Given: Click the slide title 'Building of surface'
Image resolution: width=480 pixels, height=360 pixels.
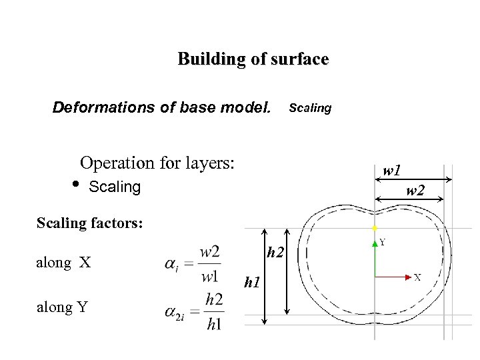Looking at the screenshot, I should [x=253, y=59].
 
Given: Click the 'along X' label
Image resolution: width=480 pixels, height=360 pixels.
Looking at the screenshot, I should [x=65, y=262].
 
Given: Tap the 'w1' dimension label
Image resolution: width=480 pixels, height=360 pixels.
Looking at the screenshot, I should [x=392, y=171].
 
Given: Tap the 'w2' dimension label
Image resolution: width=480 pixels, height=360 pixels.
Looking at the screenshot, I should [x=415, y=192].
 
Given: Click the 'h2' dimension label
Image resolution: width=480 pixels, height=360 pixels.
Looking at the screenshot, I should [x=275, y=253].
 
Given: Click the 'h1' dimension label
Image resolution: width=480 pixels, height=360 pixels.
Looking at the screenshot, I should [x=251, y=283].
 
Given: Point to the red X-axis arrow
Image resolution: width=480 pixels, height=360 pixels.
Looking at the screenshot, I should [x=393, y=275].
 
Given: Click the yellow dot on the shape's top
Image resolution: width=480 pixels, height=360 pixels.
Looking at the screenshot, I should [x=376, y=228].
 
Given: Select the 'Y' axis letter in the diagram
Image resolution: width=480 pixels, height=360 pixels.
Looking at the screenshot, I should [x=383, y=243].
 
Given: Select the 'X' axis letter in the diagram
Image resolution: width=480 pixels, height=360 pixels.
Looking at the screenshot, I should [x=417, y=277].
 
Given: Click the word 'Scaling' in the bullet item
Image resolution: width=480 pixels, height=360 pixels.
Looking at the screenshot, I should [x=115, y=187].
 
